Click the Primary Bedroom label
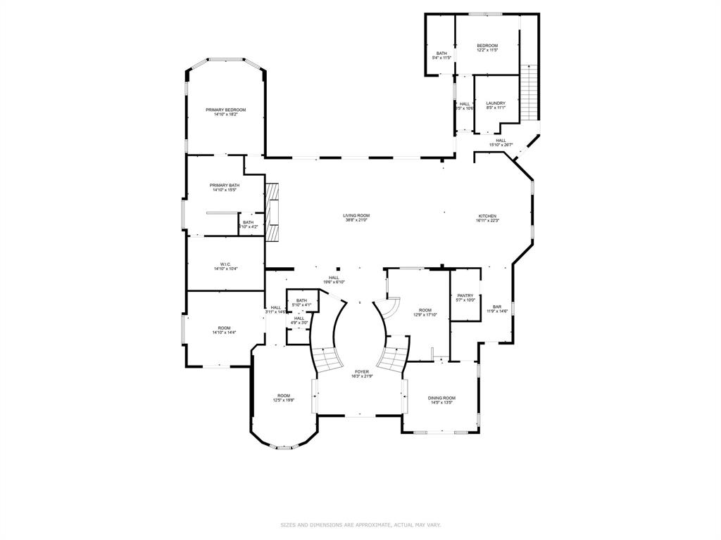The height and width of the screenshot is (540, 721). tap(225, 110)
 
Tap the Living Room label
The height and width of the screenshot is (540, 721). tap(356, 216)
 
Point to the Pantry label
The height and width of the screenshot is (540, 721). tap(465, 295)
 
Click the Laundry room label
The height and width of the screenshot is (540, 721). tap(496, 103)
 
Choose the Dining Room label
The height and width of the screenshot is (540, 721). tap(441, 398)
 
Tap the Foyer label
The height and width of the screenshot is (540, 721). tap(362, 371)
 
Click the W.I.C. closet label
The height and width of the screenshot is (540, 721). tap(225, 264)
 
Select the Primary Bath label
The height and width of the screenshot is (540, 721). tap(225, 185)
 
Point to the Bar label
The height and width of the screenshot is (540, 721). tap(497, 307)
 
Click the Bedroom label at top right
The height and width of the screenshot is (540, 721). tap(487, 46)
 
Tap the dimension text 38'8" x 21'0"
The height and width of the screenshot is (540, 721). tap(356, 221)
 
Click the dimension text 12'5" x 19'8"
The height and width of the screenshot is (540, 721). tap(284, 400)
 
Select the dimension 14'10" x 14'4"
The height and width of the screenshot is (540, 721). tap(224, 332)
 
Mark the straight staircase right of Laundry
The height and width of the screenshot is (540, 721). tap(529, 91)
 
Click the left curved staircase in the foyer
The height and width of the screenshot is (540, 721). tap(326, 360)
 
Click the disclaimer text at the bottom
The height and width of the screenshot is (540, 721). tap(360, 525)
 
